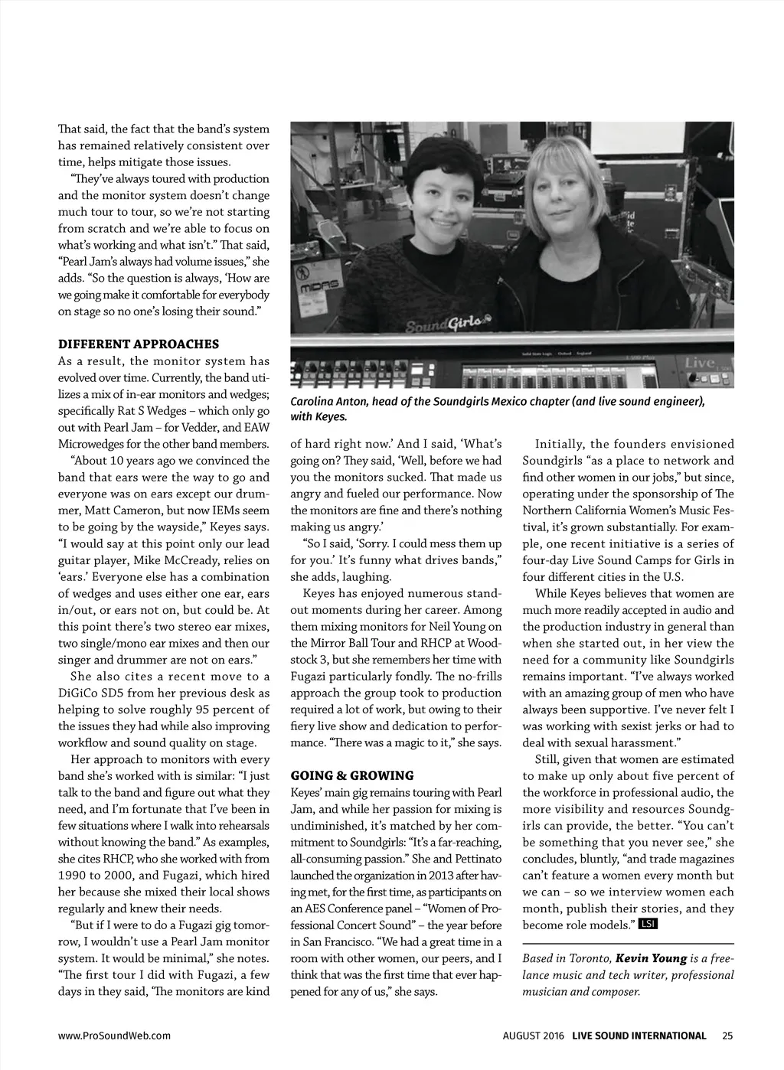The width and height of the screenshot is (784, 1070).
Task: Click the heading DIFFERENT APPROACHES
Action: coord(138,344)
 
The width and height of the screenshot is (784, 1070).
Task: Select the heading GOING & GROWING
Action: coord(351,775)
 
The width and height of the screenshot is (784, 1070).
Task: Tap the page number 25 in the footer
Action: coord(727,1036)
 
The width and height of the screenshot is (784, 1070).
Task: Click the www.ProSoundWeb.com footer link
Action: coord(114,1036)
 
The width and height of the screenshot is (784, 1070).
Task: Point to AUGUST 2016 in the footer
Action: coord(533,1036)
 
